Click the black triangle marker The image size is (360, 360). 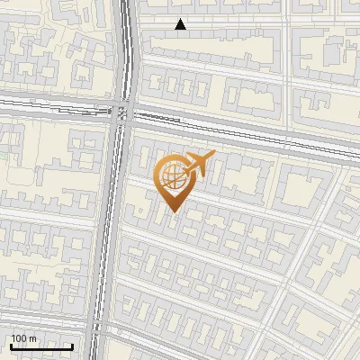coord(181,24)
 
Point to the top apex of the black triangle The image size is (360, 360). coord(181,19)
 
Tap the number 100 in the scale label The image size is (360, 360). coord(20,338)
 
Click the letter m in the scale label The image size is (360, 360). coord(33,338)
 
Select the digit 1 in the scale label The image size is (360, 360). coord(13,338)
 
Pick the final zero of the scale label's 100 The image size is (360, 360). coord(24,338)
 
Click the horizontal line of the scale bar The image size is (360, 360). coord(41,347)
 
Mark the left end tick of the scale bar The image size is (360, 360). coord(11,346)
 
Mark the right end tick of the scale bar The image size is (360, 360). coord(72,346)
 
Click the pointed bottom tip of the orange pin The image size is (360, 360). coord(172,211)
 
